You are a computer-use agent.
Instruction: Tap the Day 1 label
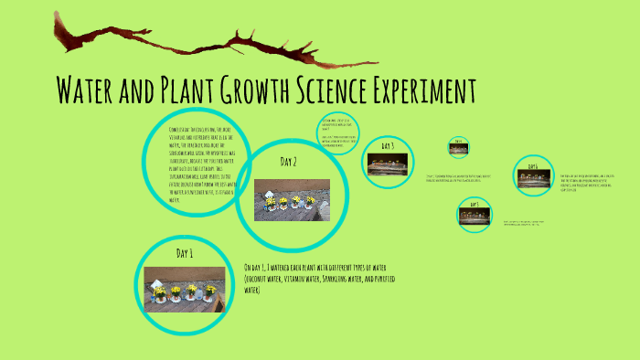tap(186, 253)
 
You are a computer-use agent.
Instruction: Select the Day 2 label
tap(289, 162)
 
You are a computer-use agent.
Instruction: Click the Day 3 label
tap(387, 145)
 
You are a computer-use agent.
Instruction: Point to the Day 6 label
tap(531, 165)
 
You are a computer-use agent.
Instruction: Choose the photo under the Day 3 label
tap(387, 164)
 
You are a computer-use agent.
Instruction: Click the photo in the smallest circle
tap(459, 149)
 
